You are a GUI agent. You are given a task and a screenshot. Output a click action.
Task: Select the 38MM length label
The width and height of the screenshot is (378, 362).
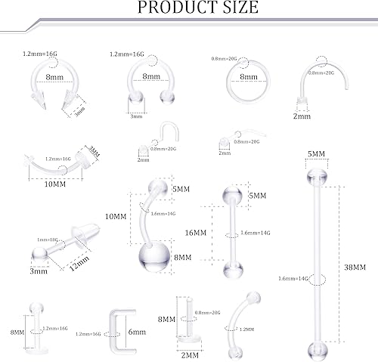pos(355,267)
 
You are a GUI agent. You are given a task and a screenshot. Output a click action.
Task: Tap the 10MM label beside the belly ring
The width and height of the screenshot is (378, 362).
pos(116,215)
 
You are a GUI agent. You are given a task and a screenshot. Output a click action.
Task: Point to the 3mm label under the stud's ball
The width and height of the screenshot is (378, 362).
pos(34,270)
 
